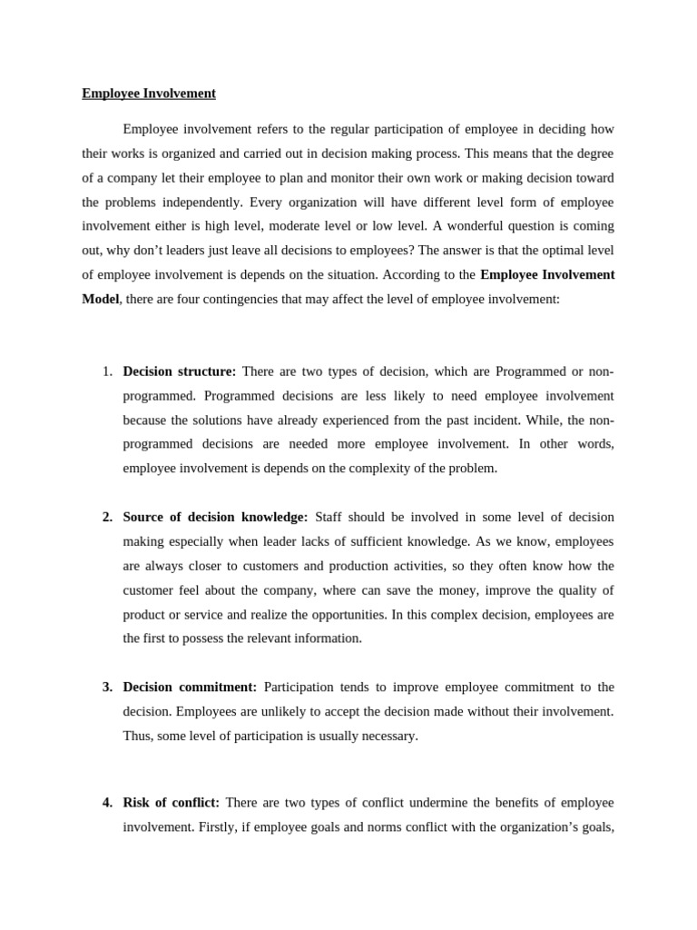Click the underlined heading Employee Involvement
[x=149, y=94]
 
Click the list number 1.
[x=107, y=371]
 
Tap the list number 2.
[x=107, y=517]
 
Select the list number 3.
[x=107, y=688]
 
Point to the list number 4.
[x=107, y=803]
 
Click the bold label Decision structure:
[x=179, y=371]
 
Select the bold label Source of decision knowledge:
[x=215, y=517]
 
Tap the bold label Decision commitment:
[x=190, y=688]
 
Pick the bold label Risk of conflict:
[x=171, y=803]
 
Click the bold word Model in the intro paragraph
[x=101, y=299]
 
